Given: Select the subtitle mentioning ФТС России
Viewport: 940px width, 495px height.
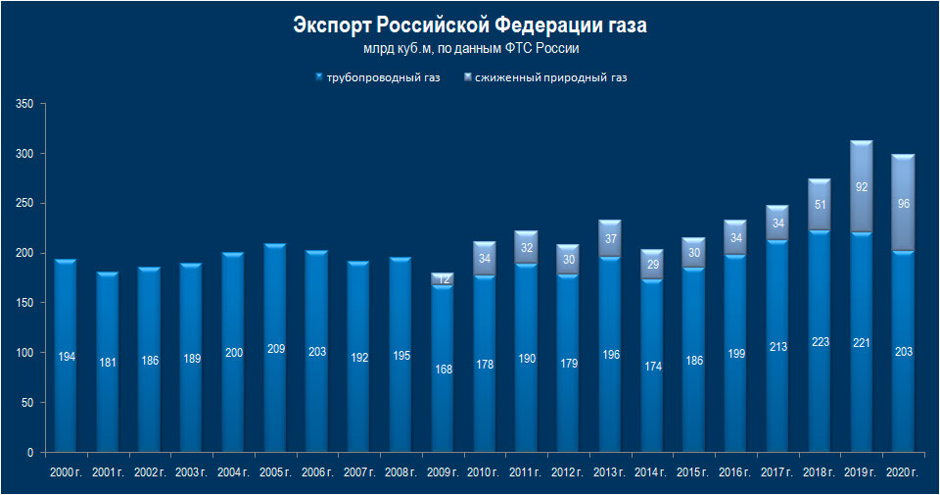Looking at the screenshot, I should point(470,48).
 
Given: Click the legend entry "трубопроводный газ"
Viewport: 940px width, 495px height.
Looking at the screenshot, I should point(383,76).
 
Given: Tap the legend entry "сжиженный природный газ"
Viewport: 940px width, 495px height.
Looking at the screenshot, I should point(549,76).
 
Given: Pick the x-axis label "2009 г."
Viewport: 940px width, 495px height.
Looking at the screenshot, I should point(442,473).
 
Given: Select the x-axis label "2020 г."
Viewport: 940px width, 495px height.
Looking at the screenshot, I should point(901,473).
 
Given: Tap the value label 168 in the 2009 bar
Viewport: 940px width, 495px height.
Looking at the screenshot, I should point(442,369).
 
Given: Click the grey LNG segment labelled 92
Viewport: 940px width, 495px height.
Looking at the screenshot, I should point(860,187).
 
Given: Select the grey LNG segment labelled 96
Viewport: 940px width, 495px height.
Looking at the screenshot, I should point(901,204).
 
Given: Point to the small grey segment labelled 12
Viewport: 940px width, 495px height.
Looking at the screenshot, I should point(442,279).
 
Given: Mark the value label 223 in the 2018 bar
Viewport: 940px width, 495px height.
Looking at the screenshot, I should point(818,342).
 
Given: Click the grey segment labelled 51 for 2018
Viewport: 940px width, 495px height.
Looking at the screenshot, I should point(818,205).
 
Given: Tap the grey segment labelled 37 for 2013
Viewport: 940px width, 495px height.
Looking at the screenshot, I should point(609,239).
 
